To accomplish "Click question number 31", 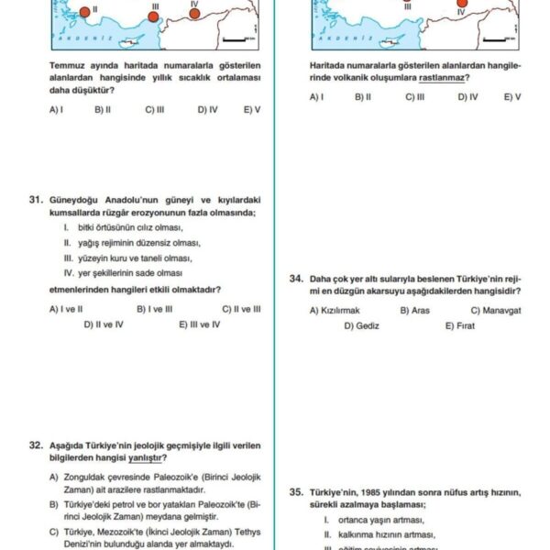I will [36, 199].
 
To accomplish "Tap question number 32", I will [36, 445].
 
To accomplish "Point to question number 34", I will [296, 278].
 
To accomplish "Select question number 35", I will [296, 491].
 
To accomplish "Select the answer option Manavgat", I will [500, 310].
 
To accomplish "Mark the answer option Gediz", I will [367, 325].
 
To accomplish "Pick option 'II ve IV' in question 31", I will [109, 324].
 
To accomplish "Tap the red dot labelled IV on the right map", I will [462, 4].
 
